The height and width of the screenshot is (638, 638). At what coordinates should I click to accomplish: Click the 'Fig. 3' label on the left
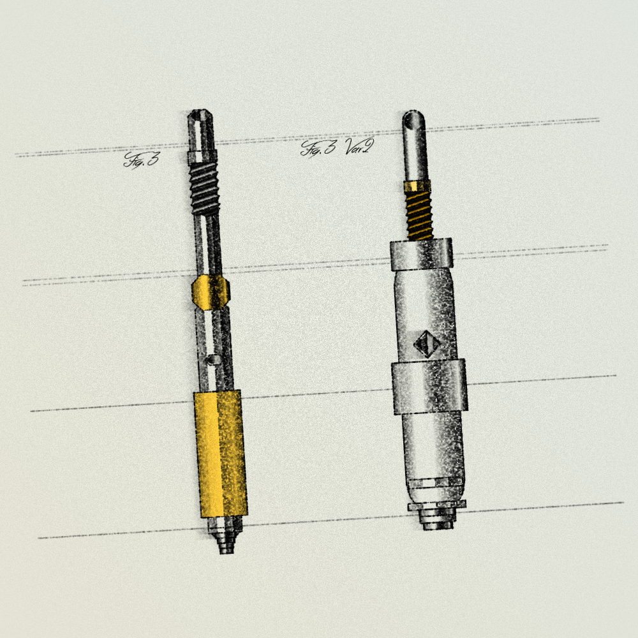coord(142,159)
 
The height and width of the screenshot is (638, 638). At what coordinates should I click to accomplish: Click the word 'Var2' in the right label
coord(359,147)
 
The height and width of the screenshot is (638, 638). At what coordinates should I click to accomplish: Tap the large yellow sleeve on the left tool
coord(221,453)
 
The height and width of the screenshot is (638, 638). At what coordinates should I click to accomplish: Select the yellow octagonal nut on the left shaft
coord(211,292)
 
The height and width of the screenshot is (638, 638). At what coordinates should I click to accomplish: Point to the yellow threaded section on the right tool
coord(419,215)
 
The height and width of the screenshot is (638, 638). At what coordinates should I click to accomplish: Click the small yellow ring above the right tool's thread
coord(417,186)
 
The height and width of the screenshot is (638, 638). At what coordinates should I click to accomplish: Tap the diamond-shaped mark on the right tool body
coord(426,344)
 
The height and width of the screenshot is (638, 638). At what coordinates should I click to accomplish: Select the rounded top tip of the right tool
coord(413,119)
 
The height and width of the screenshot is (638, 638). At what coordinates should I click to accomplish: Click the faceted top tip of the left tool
coord(200,118)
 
